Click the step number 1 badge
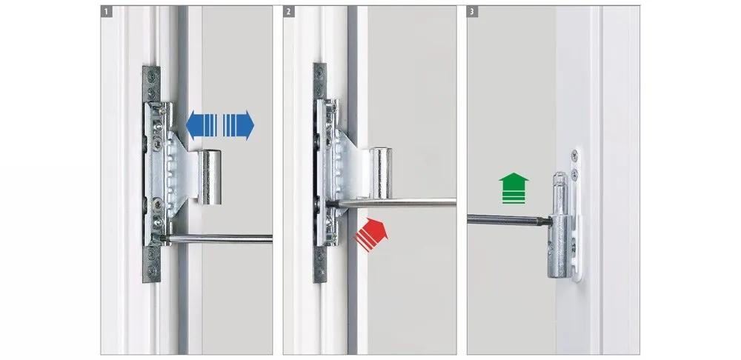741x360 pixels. click(x=106, y=11)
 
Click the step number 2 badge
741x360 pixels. click(x=289, y=11)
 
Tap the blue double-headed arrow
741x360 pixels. click(x=220, y=125)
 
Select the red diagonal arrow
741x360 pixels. click(x=371, y=234)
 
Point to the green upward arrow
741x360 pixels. click(x=514, y=188)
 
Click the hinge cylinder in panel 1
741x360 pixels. click(x=210, y=177)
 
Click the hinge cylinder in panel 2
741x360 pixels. click(x=380, y=172)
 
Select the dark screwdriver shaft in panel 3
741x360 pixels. click(x=510, y=220)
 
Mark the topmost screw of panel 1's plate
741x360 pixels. click(x=151, y=73)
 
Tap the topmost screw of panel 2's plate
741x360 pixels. click(x=320, y=72)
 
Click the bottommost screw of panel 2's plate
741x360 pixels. click(x=320, y=273)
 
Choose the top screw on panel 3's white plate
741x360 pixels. click(x=574, y=153)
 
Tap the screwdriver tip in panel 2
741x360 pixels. click(x=329, y=203)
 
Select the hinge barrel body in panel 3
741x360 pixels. click(x=560, y=246)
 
